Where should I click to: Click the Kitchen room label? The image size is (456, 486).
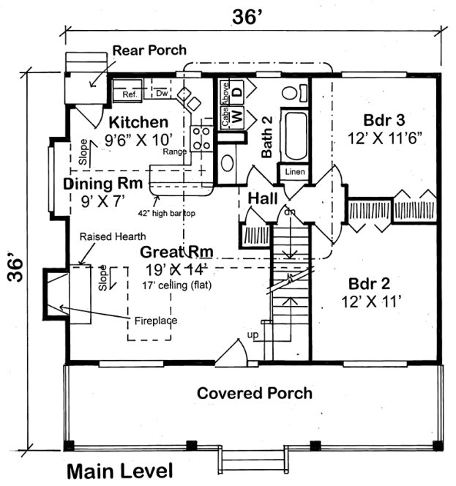point(138,121)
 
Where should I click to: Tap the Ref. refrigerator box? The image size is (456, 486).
point(130,94)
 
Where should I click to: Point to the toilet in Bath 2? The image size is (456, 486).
point(291,94)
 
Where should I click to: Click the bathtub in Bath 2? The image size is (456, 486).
point(296,136)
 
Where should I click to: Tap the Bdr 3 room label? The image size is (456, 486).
point(384,119)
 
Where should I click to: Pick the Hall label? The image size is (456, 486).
point(261,198)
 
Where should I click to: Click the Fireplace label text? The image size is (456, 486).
point(155,320)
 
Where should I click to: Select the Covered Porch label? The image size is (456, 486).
point(254,393)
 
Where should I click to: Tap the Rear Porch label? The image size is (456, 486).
point(149,51)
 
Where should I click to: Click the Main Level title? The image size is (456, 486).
point(120,470)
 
